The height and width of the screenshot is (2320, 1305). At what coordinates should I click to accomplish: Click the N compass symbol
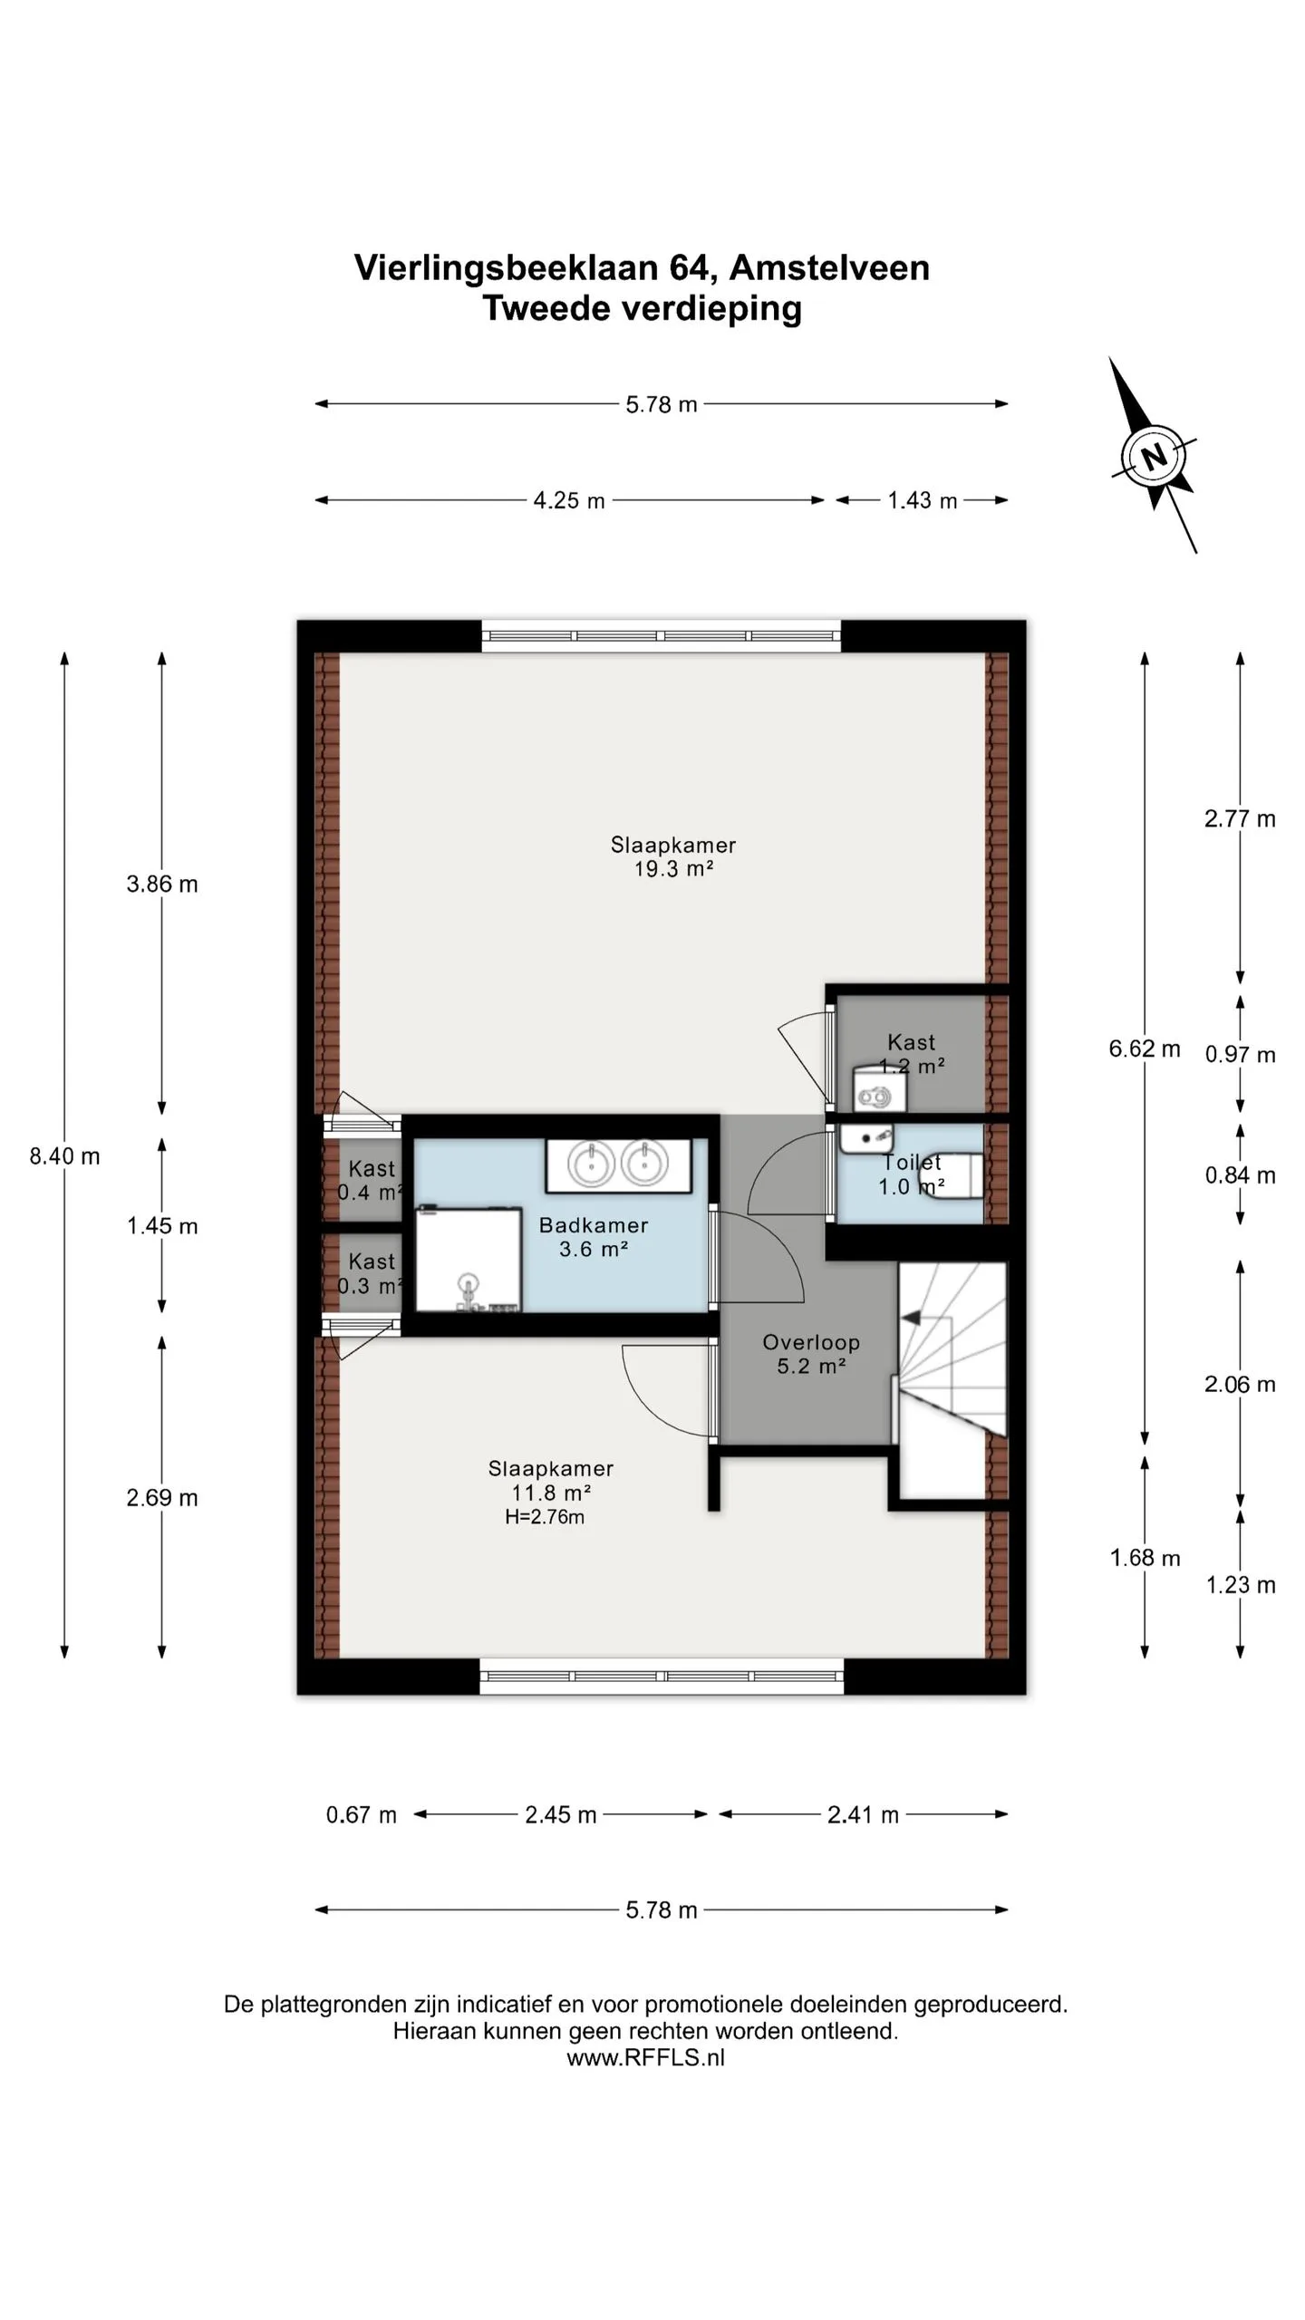(x=1154, y=456)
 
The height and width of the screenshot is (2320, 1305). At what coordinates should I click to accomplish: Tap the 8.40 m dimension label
(x=64, y=1156)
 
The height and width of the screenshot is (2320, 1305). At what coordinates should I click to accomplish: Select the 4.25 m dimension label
(x=569, y=500)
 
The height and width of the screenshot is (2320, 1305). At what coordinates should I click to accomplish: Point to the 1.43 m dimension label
(x=922, y=500)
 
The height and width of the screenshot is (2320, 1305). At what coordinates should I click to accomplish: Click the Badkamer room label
(x=594, y=1225)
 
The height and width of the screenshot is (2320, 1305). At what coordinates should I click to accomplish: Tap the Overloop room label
(x=811, y=1343)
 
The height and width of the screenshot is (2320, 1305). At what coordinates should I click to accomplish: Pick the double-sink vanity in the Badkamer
(x=618, y=1165)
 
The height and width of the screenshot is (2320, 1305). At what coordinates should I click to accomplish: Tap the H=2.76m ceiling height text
(x=545, y=1517)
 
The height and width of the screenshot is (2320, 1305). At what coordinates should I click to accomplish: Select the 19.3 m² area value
(x=673, y=869)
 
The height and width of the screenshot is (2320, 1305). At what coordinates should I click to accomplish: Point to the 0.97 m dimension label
(x=1240, y=1055)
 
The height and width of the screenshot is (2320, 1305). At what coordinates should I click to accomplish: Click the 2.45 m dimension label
(x=561, y=1814)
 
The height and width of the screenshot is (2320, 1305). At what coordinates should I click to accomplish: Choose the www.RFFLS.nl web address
(x=646, y=2057)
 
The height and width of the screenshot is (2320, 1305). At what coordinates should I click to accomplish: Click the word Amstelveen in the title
(x=829, y=268)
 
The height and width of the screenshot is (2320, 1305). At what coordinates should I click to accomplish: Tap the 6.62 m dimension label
(x=1145, y=1049)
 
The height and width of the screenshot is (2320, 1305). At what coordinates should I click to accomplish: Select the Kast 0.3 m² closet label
(x=371, y=1273)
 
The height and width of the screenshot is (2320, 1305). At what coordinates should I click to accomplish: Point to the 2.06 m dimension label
(x=1240, y=1385)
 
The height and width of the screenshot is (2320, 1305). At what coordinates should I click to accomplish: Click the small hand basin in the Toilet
(x=866, y=1137)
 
